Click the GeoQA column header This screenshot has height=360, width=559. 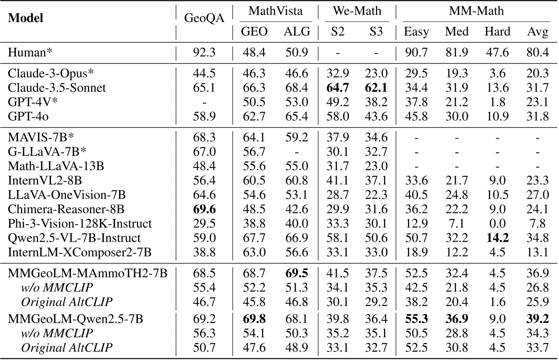click(x=204, y=19)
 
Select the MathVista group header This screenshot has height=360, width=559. click(x=275, y=11)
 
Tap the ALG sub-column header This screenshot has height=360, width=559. click(x=297, y=32)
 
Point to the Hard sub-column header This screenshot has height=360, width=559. click(x=497, y=32)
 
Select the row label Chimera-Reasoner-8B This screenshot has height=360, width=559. click(x=66, y=209)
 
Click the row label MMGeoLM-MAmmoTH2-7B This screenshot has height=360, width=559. click(x=87, y=273)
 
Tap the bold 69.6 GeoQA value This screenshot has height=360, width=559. click(x=204, y=209)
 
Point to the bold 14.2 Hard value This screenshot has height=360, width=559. click(x=497, y=238)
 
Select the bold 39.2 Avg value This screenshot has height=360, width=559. click(x=538, y=319)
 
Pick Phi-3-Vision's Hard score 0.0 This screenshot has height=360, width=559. click(x=497, y=224)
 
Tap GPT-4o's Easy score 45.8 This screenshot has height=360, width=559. click(x=416, y=117)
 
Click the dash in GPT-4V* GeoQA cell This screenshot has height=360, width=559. click(x=204, y=102)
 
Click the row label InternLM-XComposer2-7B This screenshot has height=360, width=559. click(x=79, y=253)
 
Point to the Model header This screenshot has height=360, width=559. click(x=26, y=19)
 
